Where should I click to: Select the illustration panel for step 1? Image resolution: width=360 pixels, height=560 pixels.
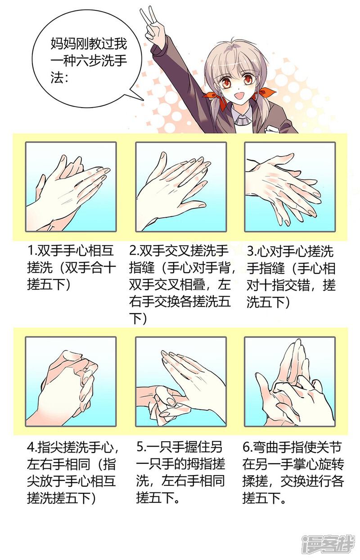click(71, 187)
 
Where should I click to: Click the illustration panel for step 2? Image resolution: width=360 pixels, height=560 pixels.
click(180, 187)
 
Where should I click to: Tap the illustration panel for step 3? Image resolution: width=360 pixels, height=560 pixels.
click(290, 187)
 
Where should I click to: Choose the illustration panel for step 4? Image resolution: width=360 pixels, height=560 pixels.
click(71, 381)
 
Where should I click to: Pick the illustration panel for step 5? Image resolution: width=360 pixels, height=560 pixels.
click(180, 381)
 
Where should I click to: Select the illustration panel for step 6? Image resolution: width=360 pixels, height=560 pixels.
click(290, 381)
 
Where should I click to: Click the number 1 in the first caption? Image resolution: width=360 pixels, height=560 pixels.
click(30, 250)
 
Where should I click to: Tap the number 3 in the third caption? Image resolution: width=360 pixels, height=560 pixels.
click(251, 250)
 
